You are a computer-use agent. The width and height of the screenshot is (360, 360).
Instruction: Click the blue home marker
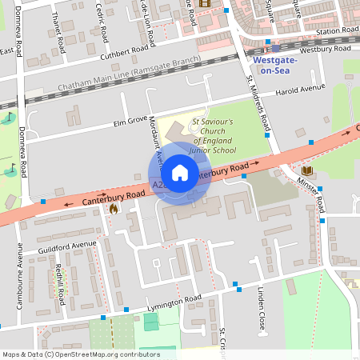[x=180, y=173]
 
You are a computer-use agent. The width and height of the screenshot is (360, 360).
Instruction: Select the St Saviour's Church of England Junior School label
[x=213, y=136]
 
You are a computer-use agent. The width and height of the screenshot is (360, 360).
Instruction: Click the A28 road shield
[x=158, y=186]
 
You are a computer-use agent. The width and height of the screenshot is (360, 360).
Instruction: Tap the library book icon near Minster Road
[x=307, y=170]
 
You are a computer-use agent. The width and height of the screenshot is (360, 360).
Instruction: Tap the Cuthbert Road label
[x=125, y=52]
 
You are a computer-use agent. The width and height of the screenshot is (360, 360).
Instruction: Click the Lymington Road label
[x=174, y=304]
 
